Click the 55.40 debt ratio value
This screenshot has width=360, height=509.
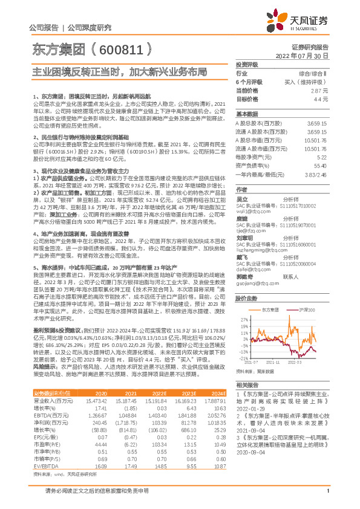pyautogui.click(x=320, y=164)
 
